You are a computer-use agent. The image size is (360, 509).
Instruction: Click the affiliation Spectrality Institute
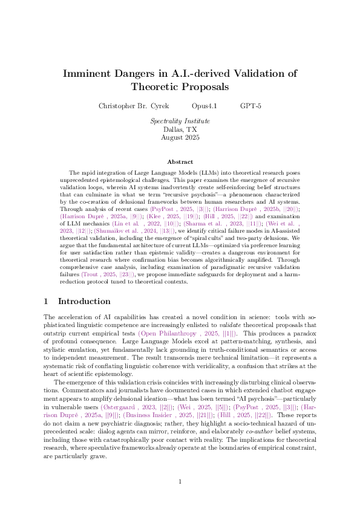180,121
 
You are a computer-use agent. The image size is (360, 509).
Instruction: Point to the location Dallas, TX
180,129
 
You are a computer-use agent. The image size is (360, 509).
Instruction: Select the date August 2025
180,137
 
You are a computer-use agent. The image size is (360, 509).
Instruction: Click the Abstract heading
180,161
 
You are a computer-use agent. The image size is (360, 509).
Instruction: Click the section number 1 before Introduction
47,301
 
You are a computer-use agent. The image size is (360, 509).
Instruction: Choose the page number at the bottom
180,481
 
